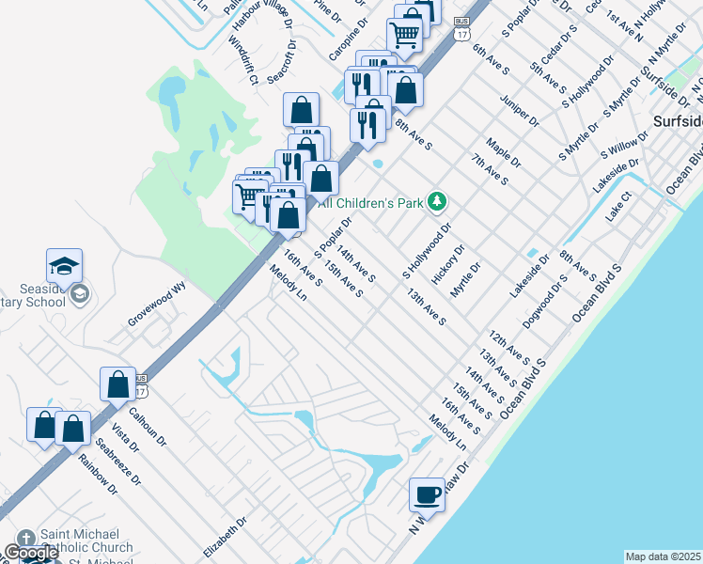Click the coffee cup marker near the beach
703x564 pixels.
click(x=428, y=494)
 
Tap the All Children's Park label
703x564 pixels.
click(x=373, y=201)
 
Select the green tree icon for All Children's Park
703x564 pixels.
click(x=436, y=200)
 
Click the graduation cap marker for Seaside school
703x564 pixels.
click(x=64, y=267)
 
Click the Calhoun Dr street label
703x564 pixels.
click(x=148, y=427)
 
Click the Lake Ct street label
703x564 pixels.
click(x=620, y=208)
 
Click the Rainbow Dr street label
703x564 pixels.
click(x=98, y=474)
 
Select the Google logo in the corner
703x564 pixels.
click(x=31, y=553)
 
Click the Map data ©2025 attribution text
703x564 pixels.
click(x=663, y=556)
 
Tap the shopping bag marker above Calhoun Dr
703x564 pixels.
click(x=117, y=384)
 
